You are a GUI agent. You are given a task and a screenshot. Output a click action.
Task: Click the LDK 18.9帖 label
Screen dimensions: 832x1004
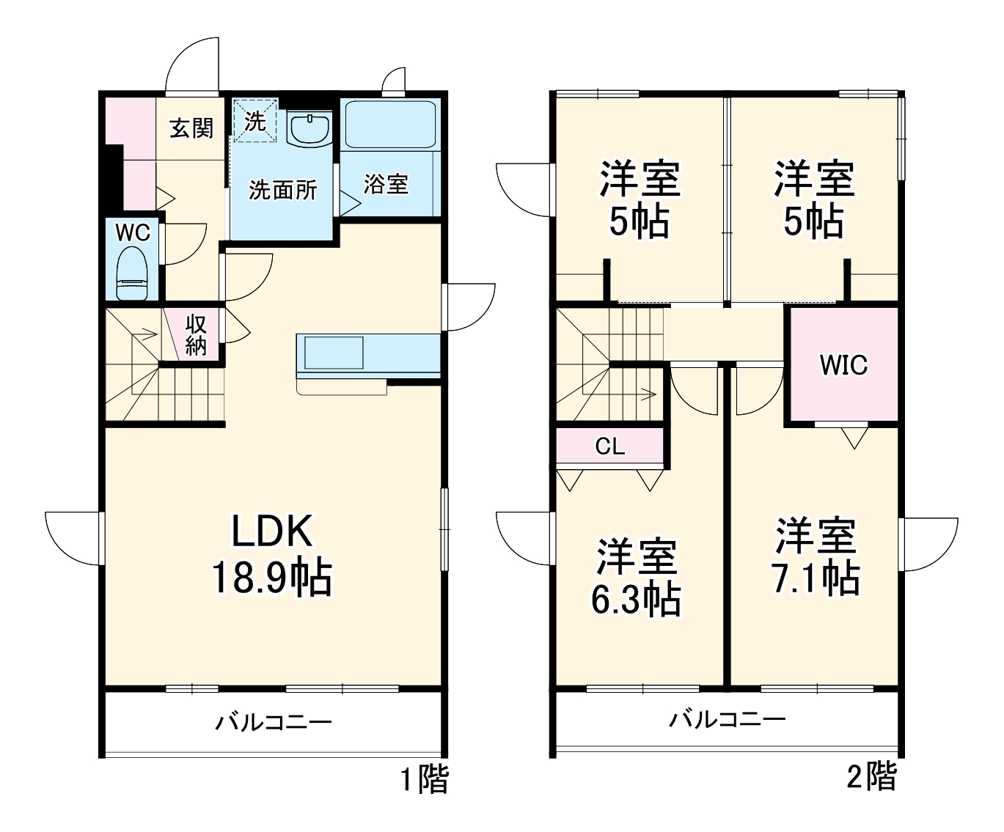point(272,555)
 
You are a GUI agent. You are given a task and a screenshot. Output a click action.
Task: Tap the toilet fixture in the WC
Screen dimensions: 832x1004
point(132,273)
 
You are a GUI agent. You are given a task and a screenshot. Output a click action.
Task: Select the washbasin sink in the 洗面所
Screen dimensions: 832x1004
point(311,129)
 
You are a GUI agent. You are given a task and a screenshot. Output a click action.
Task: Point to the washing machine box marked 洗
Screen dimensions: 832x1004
point(254,121)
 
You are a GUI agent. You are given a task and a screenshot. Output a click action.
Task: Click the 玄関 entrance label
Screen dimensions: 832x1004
point(191,128)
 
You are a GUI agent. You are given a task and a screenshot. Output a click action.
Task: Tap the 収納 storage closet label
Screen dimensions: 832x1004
point(196,334)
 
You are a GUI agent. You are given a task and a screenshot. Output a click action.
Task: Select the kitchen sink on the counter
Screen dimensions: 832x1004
point(334,353)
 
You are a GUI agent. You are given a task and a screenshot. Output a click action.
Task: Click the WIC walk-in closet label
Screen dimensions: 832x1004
point(843,364)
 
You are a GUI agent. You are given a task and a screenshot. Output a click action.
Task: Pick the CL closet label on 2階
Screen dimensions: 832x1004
point(609,446)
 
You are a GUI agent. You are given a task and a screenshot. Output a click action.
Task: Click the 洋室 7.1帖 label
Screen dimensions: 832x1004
point(816,557)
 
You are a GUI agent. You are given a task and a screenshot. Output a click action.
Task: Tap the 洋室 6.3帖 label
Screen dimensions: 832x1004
point(636,578)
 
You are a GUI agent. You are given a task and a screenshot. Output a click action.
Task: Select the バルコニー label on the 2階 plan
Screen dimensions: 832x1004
point(726,719)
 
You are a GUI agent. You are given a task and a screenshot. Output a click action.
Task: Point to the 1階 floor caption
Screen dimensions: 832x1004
point(424,779)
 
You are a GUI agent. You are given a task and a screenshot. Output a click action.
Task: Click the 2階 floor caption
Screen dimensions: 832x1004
point(871,776)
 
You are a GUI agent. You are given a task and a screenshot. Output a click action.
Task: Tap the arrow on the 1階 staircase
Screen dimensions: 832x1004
point(146,336)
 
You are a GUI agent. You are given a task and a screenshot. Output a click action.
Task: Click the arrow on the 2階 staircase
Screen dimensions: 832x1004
point(646,394)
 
